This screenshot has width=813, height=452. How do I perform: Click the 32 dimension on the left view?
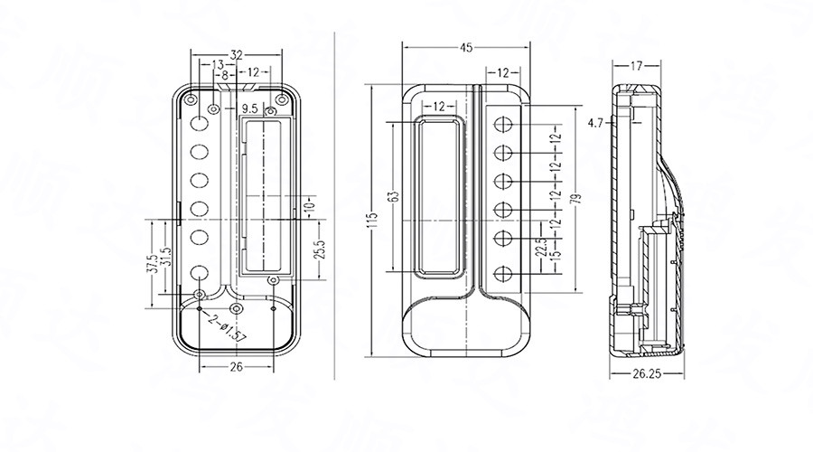coord(237,54)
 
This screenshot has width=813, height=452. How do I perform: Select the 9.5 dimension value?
coord(250,108)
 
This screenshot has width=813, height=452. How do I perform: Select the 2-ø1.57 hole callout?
coord(226,330)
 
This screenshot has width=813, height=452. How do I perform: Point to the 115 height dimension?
coord(372,221)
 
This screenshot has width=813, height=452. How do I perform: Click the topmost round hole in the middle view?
coord(506,123)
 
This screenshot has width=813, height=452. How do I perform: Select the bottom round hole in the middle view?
coord(506,271)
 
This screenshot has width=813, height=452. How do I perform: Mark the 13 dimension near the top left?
coord(218,64)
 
